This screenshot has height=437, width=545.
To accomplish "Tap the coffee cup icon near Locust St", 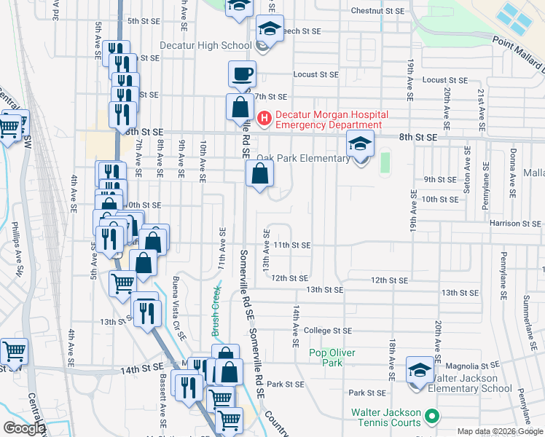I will coord(242,74).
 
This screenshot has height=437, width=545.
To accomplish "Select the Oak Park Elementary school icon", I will coord(360,144).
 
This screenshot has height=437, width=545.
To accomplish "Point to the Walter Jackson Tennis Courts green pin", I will coord(432,417).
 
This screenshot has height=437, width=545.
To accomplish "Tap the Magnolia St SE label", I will coord(471,365).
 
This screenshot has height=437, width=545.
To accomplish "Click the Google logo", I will coord(23,428).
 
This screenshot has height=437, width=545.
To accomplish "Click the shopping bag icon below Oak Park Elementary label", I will coord(260,174).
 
